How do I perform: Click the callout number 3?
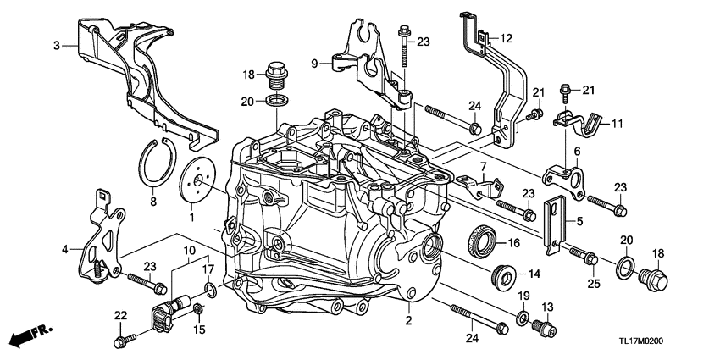coord(56,46)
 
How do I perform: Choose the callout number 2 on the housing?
coord(408,320)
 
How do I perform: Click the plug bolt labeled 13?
coord(545,326)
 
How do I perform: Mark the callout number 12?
coord(506,38)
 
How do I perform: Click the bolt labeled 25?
coord(586,252)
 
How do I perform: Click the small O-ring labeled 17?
coord(208,291)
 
